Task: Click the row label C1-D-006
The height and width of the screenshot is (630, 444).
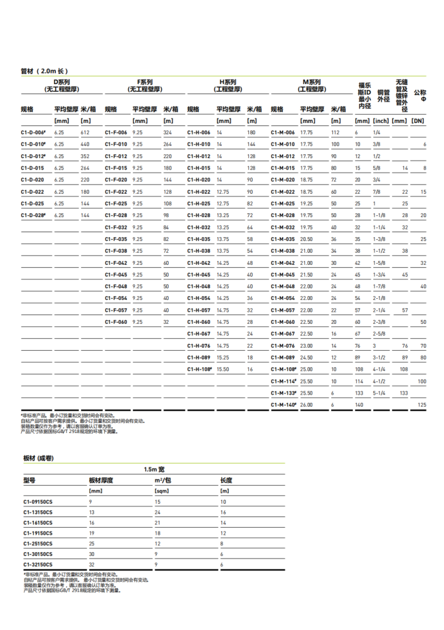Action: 33,132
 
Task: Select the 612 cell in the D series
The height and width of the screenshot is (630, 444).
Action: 85,132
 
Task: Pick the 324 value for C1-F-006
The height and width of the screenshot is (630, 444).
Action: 167,132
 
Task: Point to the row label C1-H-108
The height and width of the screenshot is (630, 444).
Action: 200,370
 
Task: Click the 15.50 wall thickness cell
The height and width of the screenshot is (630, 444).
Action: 223,370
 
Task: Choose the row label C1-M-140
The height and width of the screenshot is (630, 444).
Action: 283,405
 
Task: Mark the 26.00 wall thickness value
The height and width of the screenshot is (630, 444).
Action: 307,405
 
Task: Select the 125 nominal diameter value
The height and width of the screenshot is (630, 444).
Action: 422,405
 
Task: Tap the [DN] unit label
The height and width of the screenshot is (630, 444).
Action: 418,120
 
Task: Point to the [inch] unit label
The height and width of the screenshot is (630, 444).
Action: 381,120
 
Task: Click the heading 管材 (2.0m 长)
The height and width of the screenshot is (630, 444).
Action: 44,71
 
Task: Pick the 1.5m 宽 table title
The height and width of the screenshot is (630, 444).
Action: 154,469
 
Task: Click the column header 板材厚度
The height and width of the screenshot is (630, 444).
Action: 101,480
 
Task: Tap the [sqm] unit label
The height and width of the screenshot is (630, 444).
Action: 162,491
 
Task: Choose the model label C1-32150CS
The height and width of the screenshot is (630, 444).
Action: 38,565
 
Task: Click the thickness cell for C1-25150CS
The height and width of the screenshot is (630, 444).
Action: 92,543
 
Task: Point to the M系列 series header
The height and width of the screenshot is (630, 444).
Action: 312,82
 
